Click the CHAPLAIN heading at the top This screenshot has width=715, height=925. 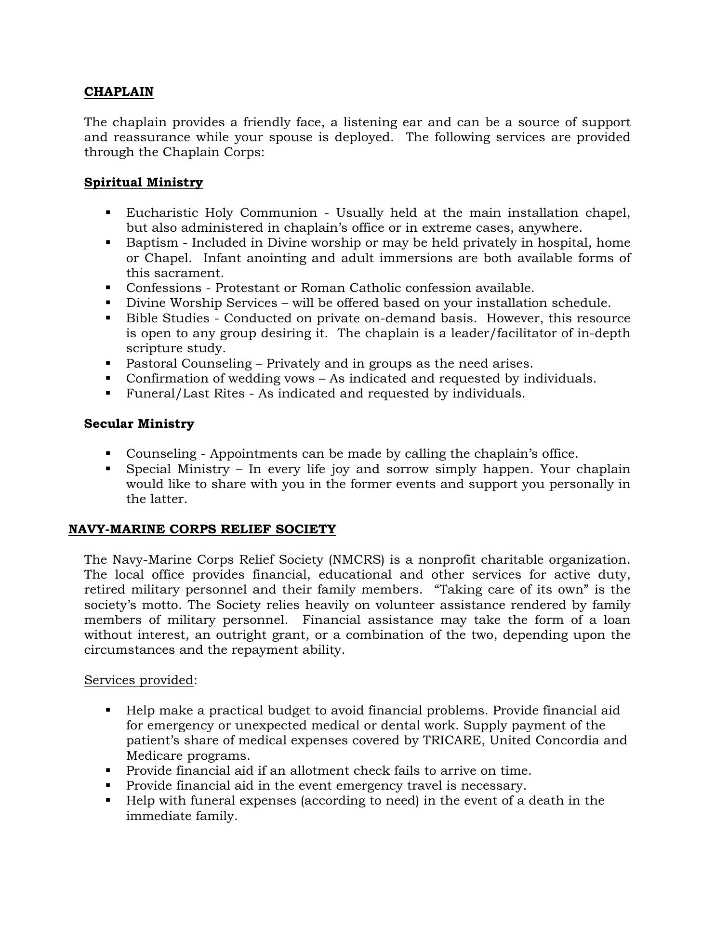pyautogui.click(x=119, y=92)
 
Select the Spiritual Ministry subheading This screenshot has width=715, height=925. pyautogui.click(x=144, y=183)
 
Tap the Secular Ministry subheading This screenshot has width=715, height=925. pyautogui.click(x=139, y=424)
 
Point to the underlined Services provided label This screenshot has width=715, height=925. pyautogui.click(x=139, y=680)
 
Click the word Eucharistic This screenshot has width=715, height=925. pyautogui.click(x=162, y=213)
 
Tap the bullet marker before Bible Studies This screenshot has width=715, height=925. pyautogui.click(x=108, y=318)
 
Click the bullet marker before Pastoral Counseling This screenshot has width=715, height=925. pyautogui.click(x=108, y=363)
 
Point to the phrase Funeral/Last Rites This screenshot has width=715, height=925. pyautogui.click(x=185, y=394)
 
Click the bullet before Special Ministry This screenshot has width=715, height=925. pyautogui.click(x=108, y=468)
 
